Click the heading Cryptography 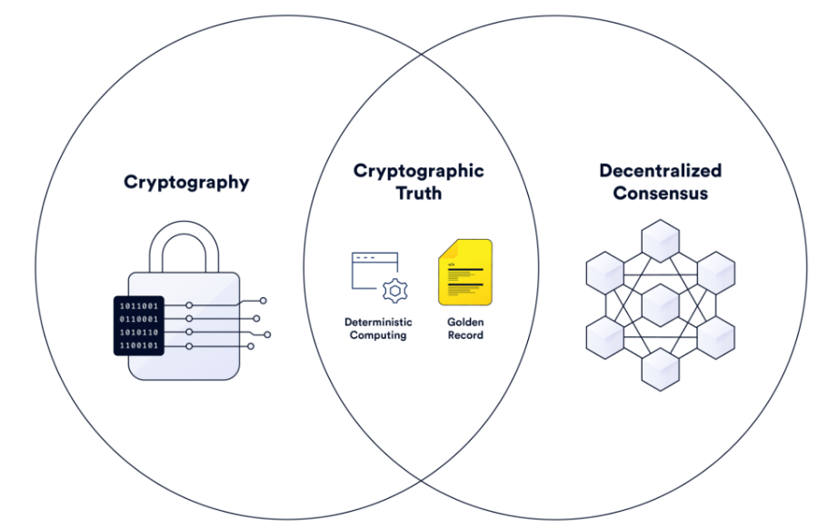click(x=186, y=182)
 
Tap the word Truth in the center click(x=418, y=193)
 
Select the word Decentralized click(x=660, y=171)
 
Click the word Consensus click(x=660, y=193)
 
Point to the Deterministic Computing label click(x=378, y=328)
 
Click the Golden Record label click(x=465, y=328)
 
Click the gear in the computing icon click(x=395, y=290)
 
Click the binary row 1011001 click(x=139, y=306)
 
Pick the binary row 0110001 click(x=139, y=319)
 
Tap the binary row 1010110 click(x=139, y=333)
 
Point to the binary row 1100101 click(x=139, y=346)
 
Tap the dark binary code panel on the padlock click(x=139, y=325)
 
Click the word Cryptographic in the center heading click(x=418, y=171)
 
